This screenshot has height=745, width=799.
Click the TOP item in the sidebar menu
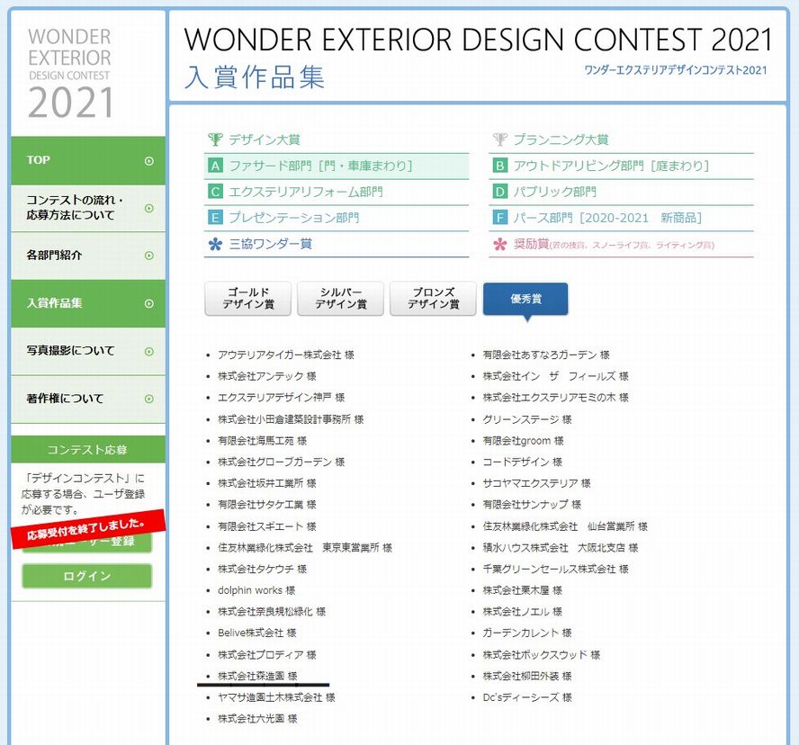88,160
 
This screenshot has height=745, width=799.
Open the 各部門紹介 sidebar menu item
88,256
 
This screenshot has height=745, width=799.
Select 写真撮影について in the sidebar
88,351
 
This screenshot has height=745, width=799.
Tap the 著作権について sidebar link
88,399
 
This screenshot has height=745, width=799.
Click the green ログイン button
87,576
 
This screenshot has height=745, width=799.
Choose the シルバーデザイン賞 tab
340,298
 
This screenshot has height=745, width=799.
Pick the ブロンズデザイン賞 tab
433,298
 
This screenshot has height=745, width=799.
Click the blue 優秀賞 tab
525,299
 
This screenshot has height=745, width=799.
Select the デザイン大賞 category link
264,139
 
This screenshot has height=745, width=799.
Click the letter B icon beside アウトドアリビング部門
500,166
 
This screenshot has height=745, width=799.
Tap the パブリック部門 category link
554,193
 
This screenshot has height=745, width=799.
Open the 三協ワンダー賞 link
270,244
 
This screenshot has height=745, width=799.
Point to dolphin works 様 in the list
256,590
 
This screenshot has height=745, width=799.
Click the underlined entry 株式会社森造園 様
257,676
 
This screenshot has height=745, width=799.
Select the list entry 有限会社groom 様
523,441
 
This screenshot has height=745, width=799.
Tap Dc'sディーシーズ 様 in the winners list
527,697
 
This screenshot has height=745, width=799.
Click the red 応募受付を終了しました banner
88,529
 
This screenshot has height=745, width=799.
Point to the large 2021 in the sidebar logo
71,103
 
